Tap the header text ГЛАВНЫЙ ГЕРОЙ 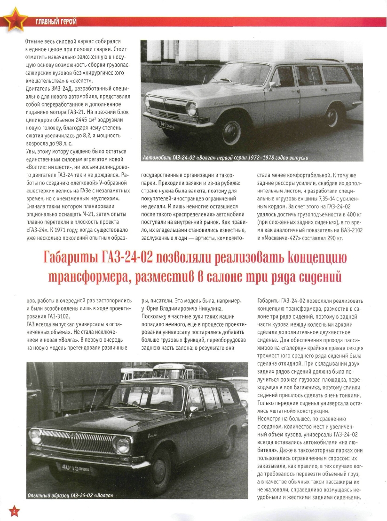(56, 22)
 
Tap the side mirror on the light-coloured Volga (271, 85)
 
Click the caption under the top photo (226, 156)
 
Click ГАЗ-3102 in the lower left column (55, 316)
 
